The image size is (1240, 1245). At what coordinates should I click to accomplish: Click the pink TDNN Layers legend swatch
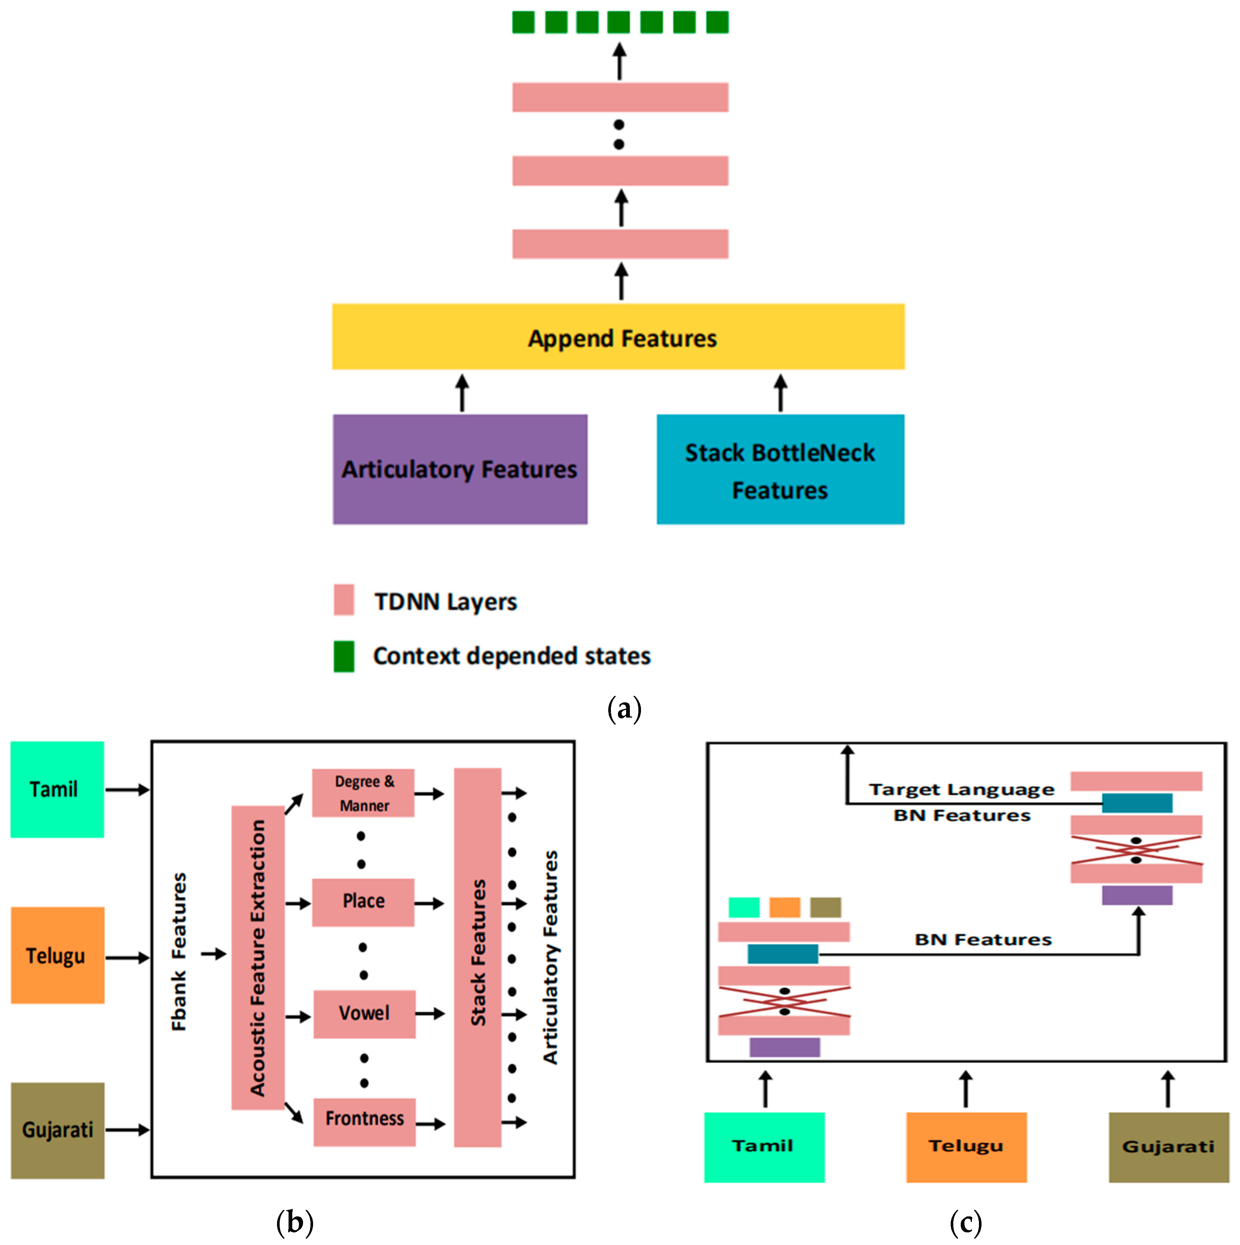[x=344, y=599]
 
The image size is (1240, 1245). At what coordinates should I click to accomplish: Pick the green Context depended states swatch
[x=344, y=656]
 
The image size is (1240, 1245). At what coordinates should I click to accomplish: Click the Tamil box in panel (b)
[x=57, y=789]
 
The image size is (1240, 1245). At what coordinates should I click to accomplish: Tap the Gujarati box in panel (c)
[x=1168, y=1147]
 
